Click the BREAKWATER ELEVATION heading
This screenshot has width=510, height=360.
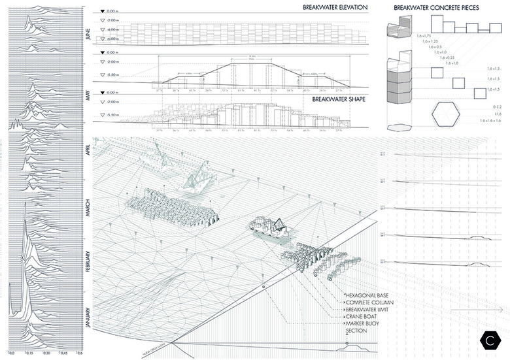pyautogui.click(x=335, y=8)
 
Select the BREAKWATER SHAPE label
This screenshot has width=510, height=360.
pyautogui.click(x=339, y=101)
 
